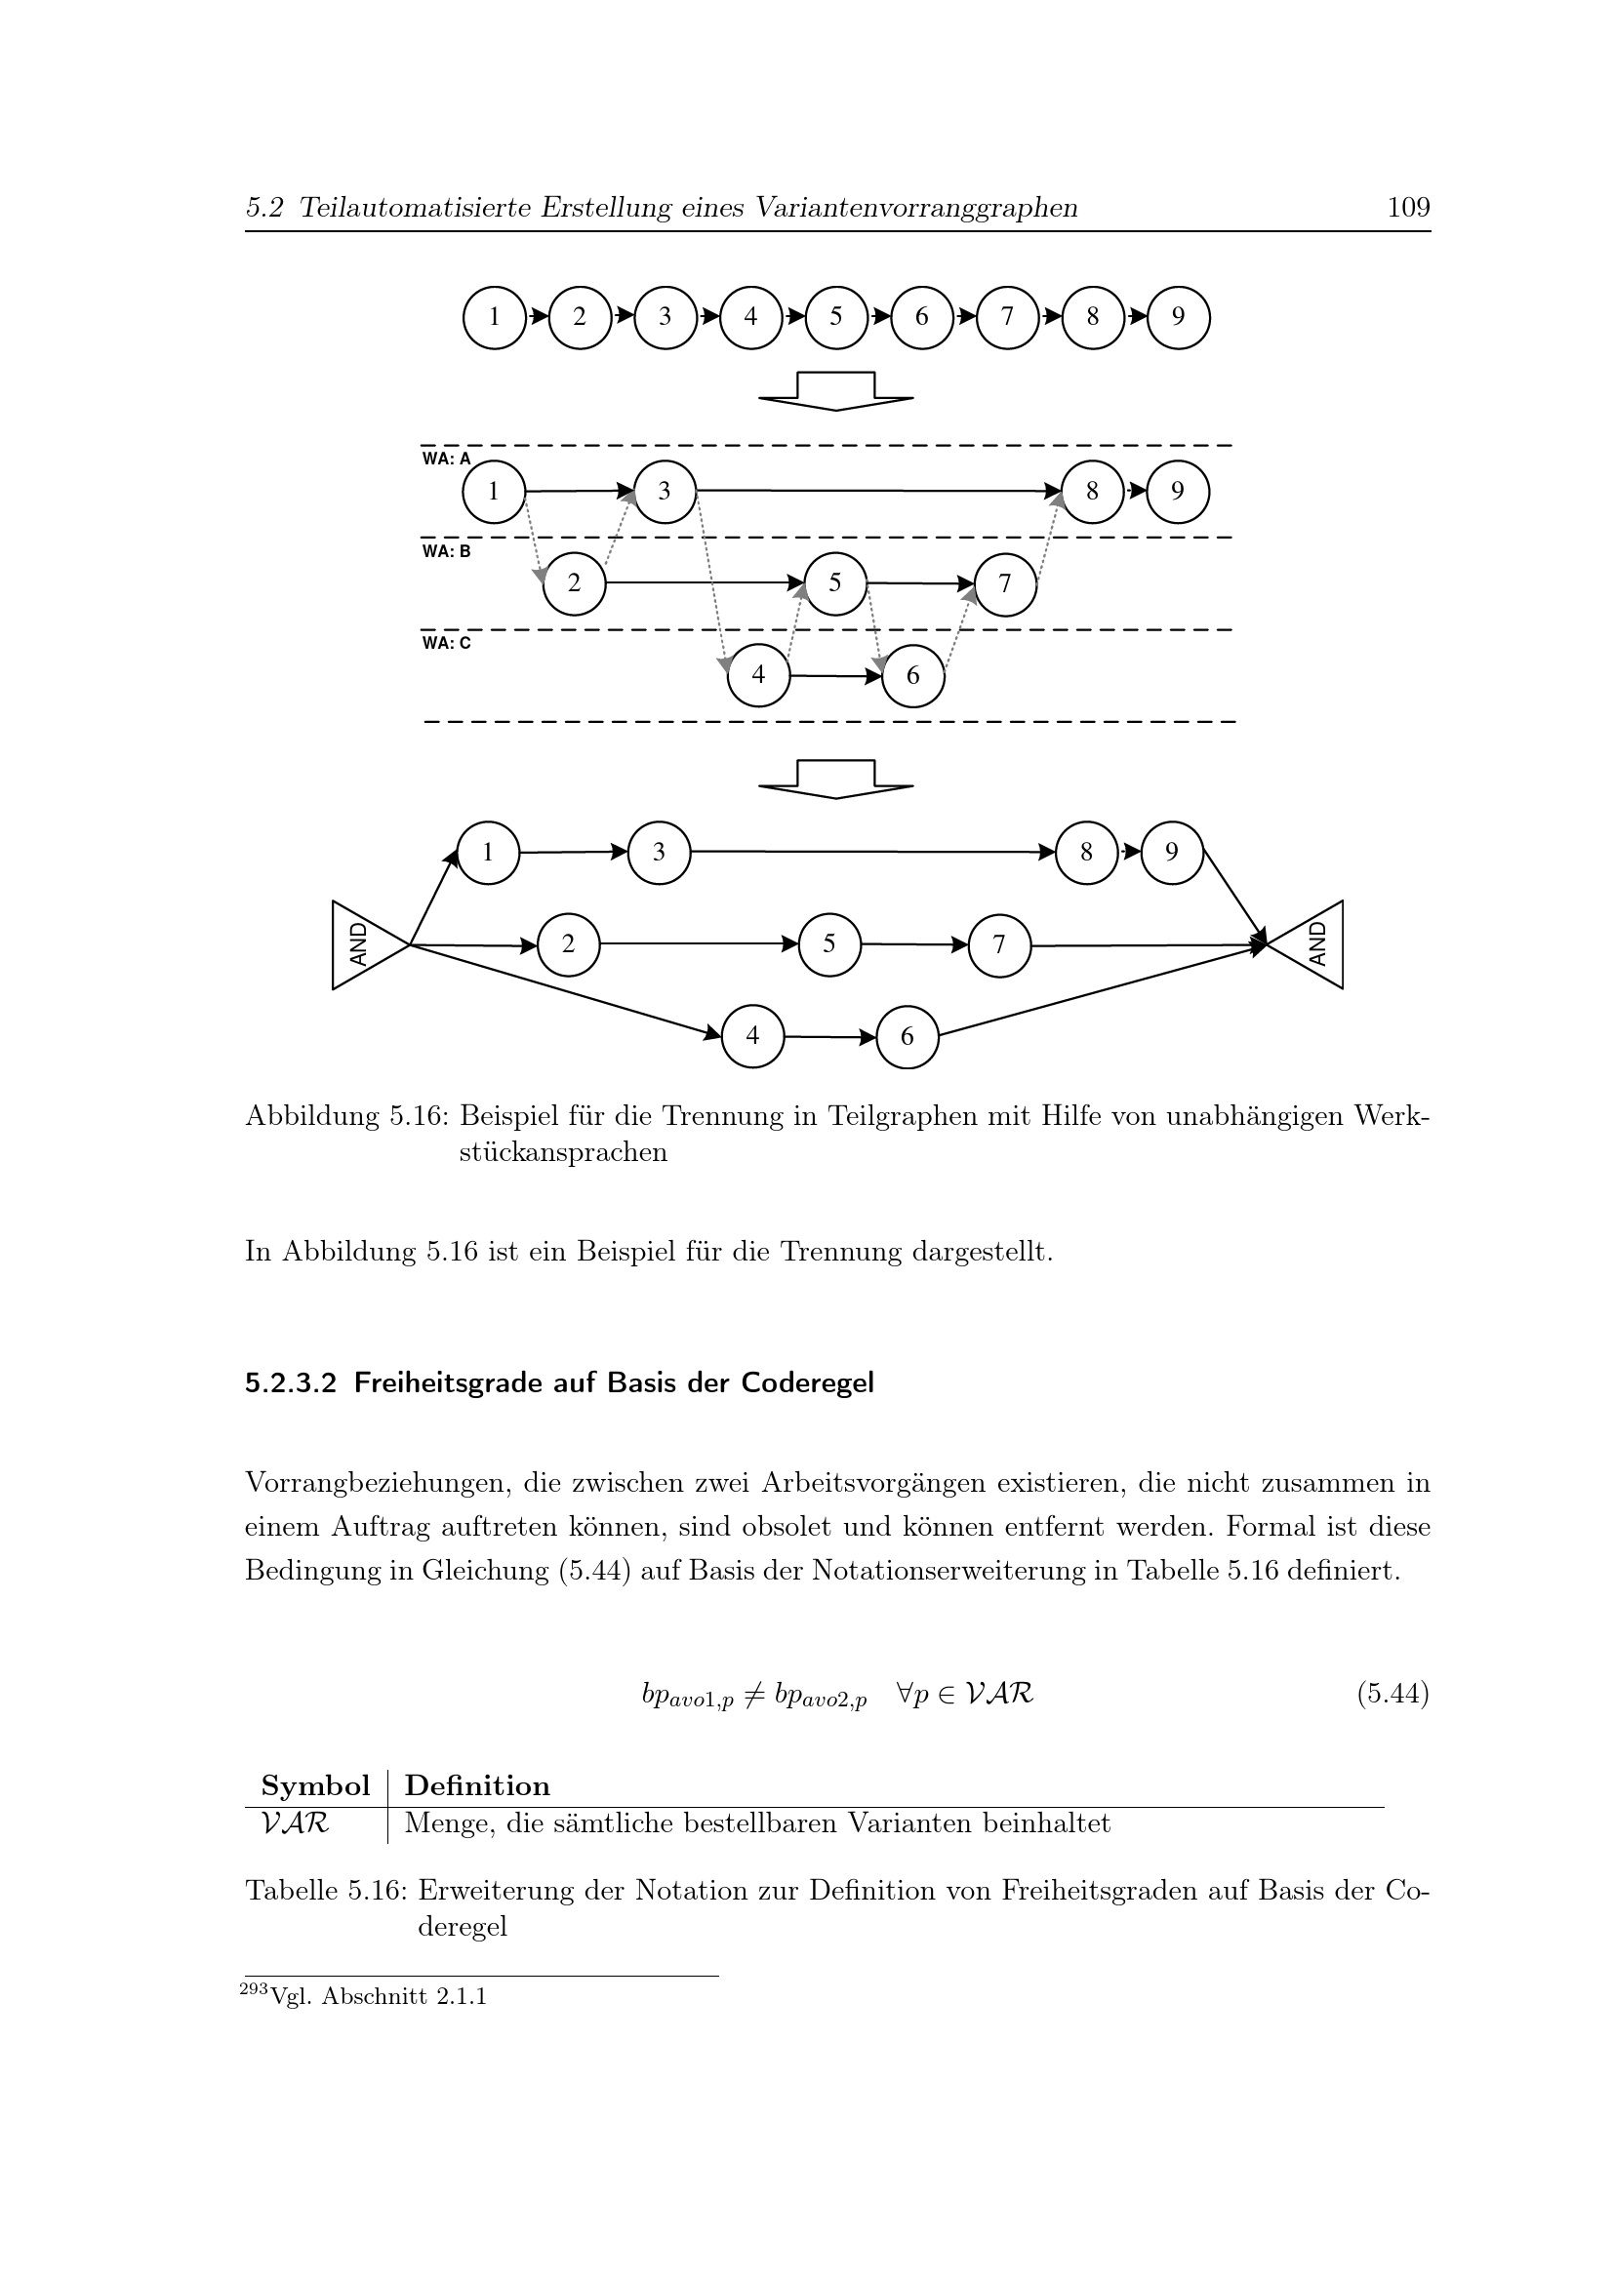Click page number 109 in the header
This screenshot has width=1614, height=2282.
pos(1408,208)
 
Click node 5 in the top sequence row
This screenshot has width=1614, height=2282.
pos(836,317)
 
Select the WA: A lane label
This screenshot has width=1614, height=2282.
pos(446,460)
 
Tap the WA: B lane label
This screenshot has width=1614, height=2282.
pos(446,551)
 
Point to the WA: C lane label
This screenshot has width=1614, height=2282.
pos(446,643)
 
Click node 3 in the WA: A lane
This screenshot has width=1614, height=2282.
pos(665,491)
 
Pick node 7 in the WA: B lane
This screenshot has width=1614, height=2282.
pos(1005,584)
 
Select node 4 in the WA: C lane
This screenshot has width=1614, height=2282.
pos(758,676)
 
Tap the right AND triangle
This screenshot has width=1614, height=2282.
pos(1311,944)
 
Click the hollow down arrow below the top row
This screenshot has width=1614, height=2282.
pos(836,390)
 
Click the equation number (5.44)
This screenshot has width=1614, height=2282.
pos(1392,1694)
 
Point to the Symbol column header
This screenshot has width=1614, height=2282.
pos(315,1786)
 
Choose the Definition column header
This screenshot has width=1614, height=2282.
pos(477,1786)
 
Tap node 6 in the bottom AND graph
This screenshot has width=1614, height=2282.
pos(908,1037)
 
